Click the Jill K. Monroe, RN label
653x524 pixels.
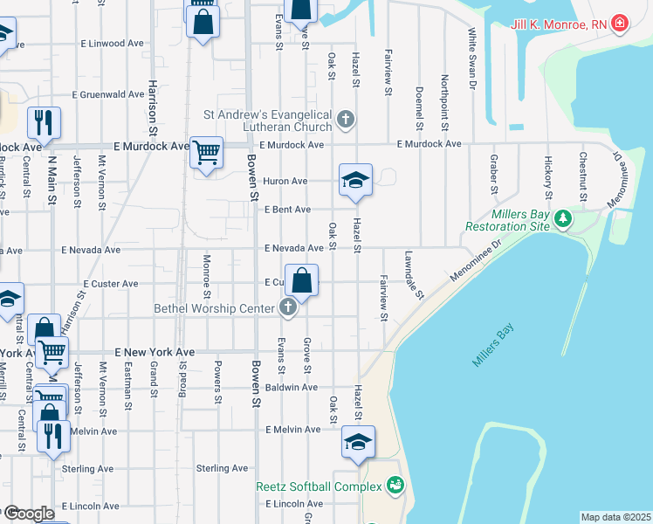pos(558,24)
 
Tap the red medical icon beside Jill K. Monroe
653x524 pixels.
pos(620,23)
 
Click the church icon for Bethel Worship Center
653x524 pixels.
pos(288,307)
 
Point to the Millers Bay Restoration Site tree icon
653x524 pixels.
pos(564,217)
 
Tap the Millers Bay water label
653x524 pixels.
pos(494,346)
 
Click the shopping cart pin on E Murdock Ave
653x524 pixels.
pos(206,153)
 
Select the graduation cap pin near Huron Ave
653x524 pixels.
pos(355,180)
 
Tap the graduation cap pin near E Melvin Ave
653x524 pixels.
pos(358,442)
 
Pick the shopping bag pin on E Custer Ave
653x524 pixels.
pos(301,281)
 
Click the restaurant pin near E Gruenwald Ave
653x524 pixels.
pos(44,122)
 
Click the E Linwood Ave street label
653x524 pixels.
pos(112,43)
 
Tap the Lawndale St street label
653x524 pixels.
pos(413,276)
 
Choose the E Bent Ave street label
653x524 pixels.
pos(287,210)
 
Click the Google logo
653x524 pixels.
pos(28,514)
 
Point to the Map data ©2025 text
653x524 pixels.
pos(615,517)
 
